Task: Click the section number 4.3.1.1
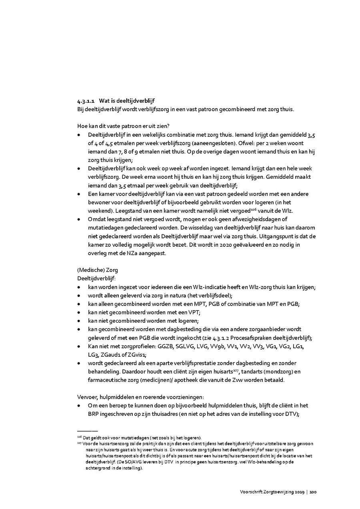86,101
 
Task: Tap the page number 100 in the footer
313,491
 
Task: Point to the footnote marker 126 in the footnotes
79,437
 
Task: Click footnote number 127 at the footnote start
79,443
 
